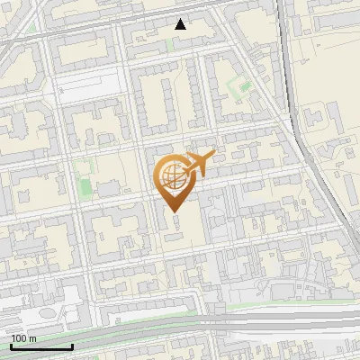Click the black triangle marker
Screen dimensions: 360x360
coord(181,24)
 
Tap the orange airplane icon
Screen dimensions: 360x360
coord(201,163)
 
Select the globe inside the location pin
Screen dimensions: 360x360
coord(170,175)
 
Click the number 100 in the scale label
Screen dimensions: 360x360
coord(20,338)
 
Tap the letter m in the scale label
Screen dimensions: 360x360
coord(33,338)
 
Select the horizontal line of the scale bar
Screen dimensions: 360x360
coord(41,346)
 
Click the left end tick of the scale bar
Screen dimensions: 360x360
coord(11,345)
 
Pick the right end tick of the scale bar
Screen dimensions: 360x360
coord(72,345)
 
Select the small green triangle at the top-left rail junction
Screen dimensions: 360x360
coord(33,27)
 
